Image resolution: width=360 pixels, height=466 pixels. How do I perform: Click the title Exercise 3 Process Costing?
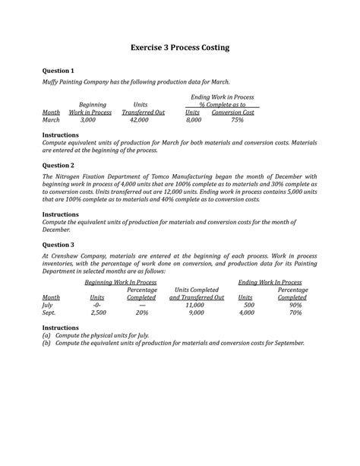point(180,48)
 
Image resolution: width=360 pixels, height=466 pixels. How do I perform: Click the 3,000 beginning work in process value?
point(88,120)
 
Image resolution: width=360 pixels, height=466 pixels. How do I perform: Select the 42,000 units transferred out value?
point(140,120)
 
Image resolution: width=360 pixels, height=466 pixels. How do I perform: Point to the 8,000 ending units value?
point(194,120)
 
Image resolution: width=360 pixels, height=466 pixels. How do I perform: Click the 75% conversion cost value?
point(237,120)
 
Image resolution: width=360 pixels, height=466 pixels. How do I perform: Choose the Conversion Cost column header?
point(233,113)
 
